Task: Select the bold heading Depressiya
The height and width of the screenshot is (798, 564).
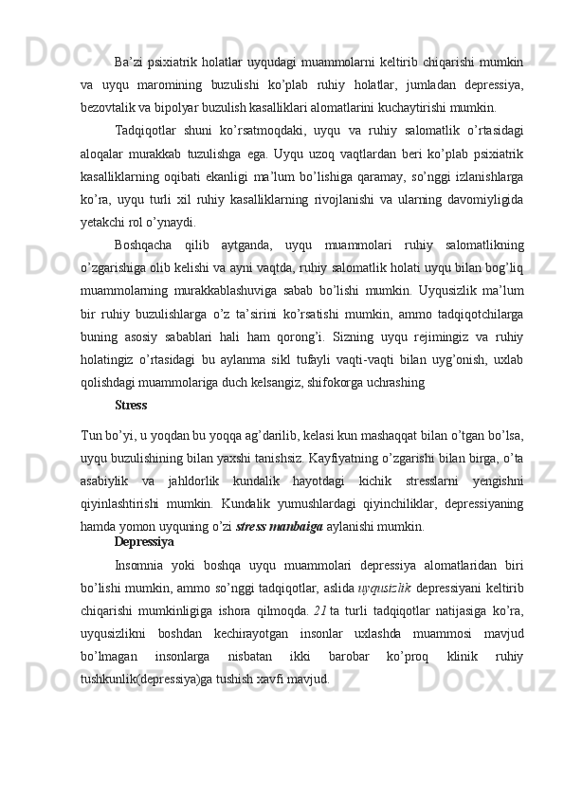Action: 142,542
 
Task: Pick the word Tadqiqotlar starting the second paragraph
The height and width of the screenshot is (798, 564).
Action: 144,129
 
